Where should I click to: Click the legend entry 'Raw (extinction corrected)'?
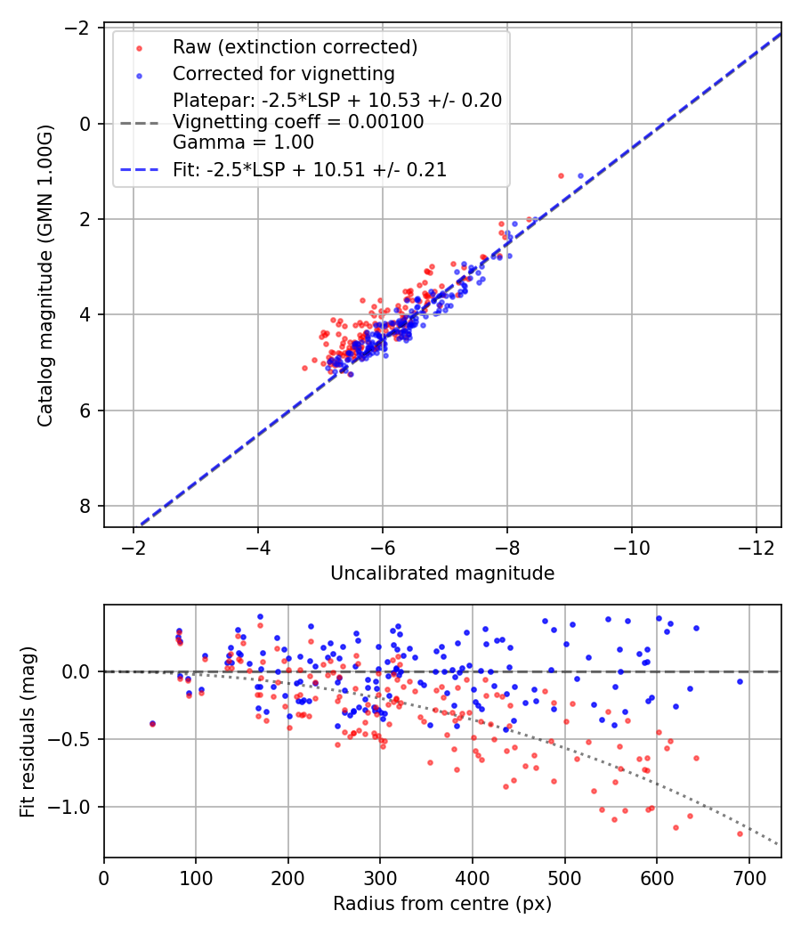[x=295, y=46]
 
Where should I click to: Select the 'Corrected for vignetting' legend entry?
[x=284, y=73]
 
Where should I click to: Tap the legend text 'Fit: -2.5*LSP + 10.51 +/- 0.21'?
[x=309, y=169]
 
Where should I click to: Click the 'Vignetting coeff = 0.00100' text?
[x=298, y=122]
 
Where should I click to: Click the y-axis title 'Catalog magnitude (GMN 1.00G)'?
[x=45, y=275]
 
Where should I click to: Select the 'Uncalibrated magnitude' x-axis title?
[x=442, y=573]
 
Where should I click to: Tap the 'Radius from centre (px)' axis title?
[x=442, y=904]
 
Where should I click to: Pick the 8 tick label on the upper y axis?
[x=86, y=506]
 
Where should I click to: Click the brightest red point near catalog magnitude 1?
[x=561, y=175]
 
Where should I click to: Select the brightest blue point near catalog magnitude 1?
[x=580, y=175]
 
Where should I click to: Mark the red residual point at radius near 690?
[x=740, y=833]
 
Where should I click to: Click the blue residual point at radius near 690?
[x=740, y=681]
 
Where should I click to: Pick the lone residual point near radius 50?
[x=152, y=723]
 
